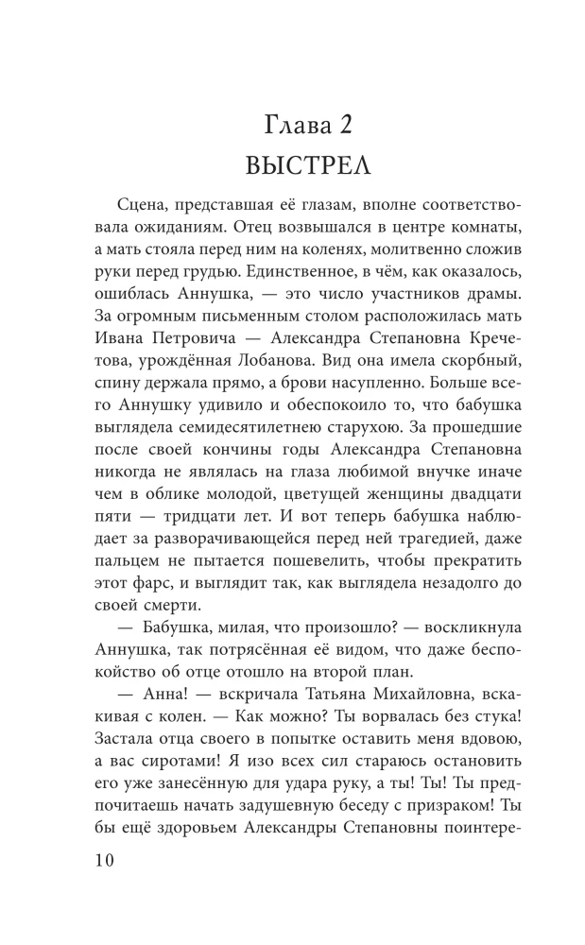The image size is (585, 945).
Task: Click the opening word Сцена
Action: (x=149, y=208)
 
